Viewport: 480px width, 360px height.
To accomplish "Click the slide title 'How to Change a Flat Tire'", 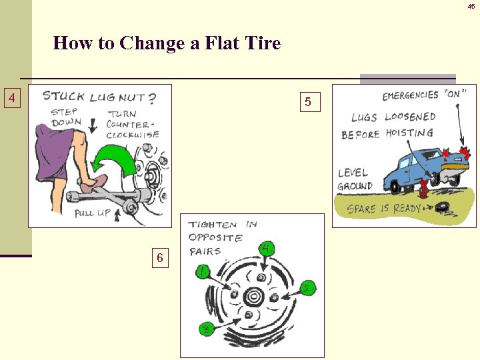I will click(x=167, y=44).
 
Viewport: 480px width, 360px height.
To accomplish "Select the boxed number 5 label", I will click(x=307, y=102).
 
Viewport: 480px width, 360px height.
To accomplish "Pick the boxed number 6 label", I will click(x=159, y=257).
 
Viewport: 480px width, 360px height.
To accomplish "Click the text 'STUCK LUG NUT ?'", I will click(x=99, y=97).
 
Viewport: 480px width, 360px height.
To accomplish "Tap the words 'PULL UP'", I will click(x=93, y=213).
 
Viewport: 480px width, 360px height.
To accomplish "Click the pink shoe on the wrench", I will click(x=93, y=182).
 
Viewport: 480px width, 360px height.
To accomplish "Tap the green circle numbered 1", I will click(x=203, y=271).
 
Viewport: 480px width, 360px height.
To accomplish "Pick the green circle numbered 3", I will click(x=207, y=329).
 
